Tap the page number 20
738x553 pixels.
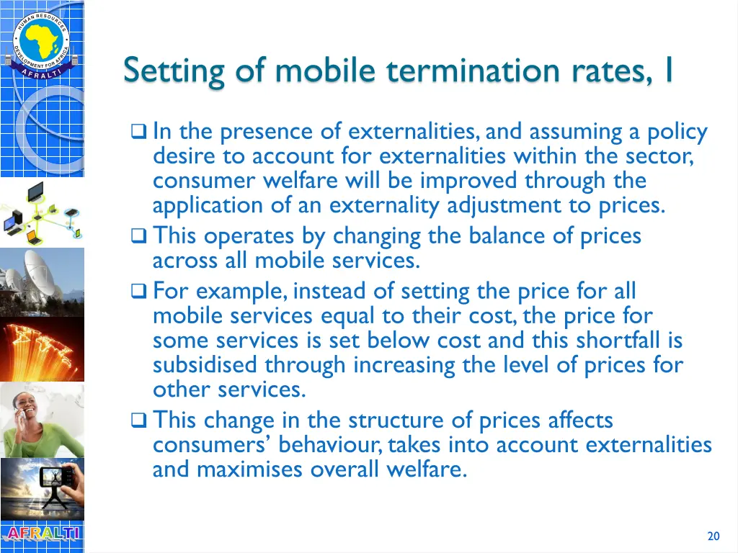coord(713,536)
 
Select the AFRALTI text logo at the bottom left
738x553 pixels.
coord(42,534)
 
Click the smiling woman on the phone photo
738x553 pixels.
coord(42,420)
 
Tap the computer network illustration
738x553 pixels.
coord(42,213)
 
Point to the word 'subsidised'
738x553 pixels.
coord(205,365)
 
